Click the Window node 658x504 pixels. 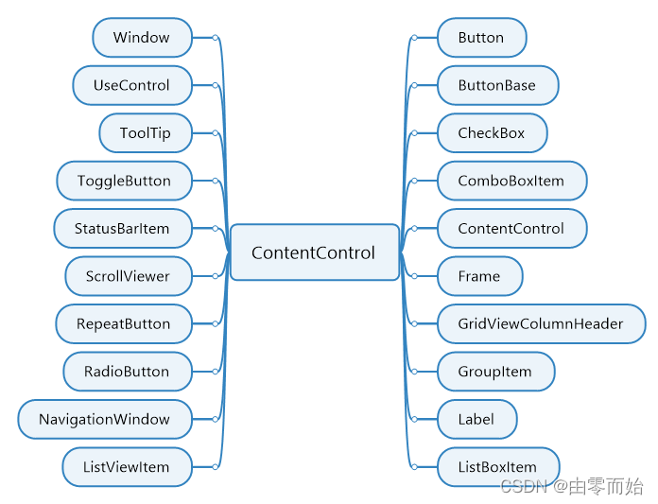pyautogui.click(x=142, y=38)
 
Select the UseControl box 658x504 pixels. pyautogui.click(x=131, y=85)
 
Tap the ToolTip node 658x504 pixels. pyautogui.click(x=146, y=133)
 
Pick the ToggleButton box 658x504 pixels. pyautogui.click(x=124, y=181)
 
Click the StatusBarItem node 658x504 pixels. pyautogui.click(x=122, y=228)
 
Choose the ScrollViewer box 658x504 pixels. pyautogui.click(x=128, y=276)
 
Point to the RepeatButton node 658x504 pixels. pyautogui.click(x=124, y=323)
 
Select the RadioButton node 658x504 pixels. pyautogui.click(x=127, y=372)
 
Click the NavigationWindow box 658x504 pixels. pyautogui.click(x=105, y=419)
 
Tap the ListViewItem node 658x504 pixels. pyautogui.click(x=127, y=467)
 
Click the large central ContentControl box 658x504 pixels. pyautogui.click(x=314, y=252)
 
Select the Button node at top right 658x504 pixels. pyautogui.click(x=481, y=38)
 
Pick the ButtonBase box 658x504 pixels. pyautogui.click(x=497, y=85)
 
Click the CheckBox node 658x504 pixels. pyautogui.click(x=492, y=133)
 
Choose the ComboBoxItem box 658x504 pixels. pyautogui.click(x=511, y=181)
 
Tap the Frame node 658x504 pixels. pyautogui.click(x=479, y=276)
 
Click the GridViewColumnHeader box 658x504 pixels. pyautogui.click(x=541, y=323)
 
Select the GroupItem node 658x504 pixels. pyautogui.click(x=495, y=372)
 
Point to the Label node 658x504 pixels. pyautogui.click(x=476, y=419)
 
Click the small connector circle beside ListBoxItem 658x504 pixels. pyautogui.click(x=414, y=467)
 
